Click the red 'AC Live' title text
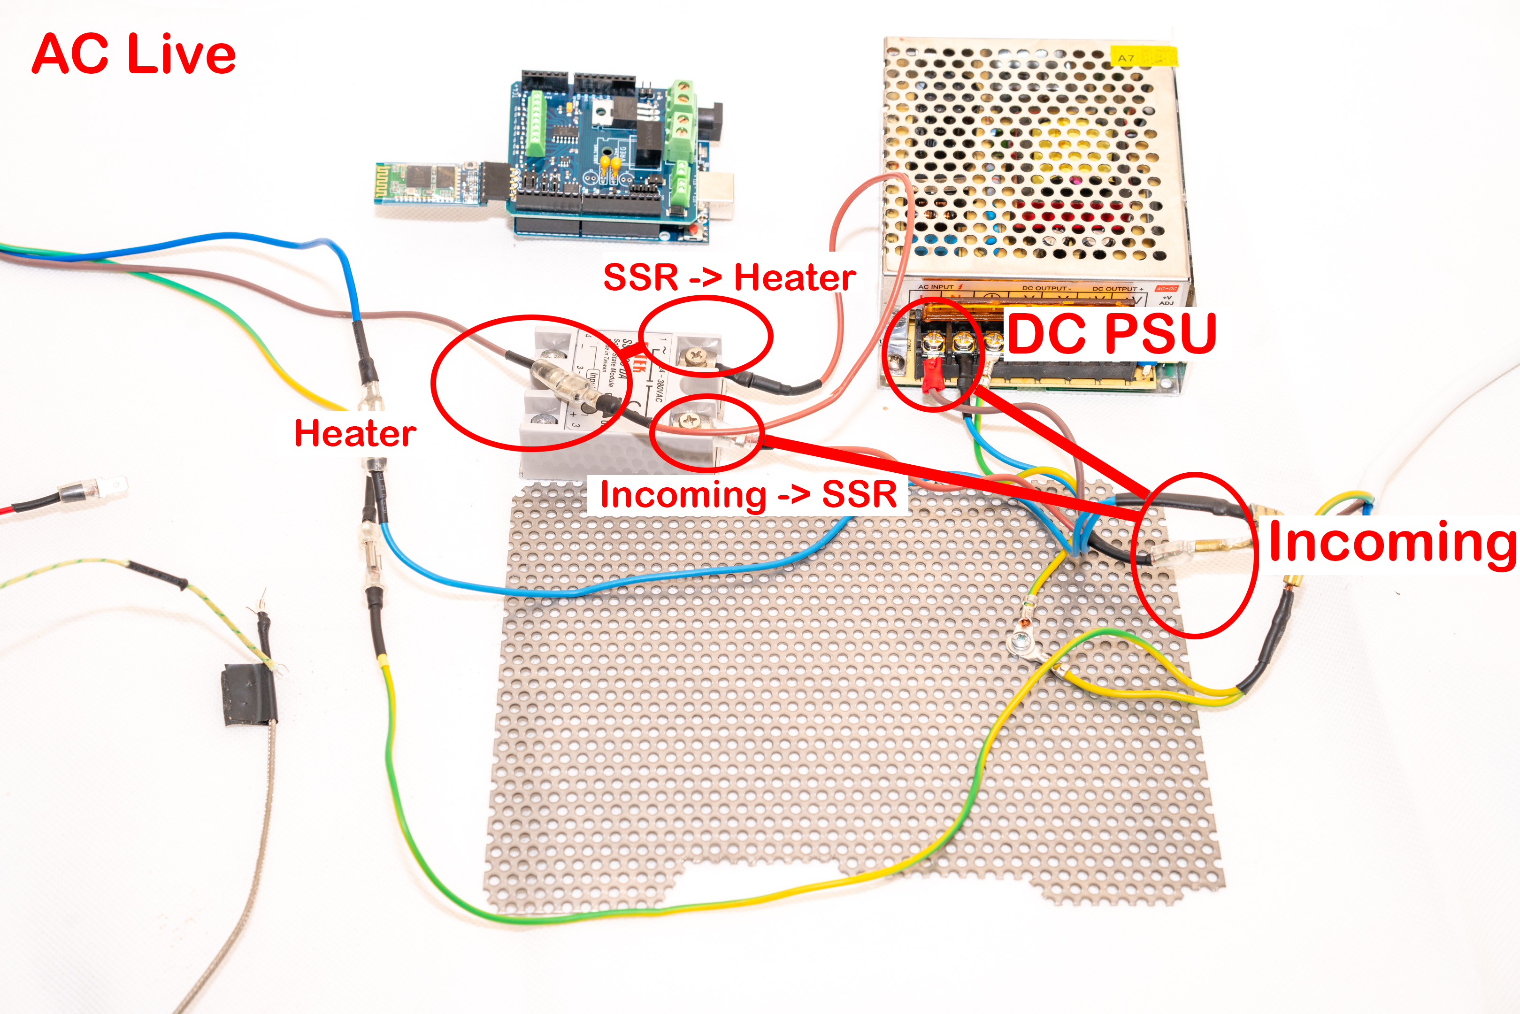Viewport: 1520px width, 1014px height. (134, 54)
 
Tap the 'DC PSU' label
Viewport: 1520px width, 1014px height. (1111, 334)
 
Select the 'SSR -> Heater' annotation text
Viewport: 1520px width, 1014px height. (729, 278)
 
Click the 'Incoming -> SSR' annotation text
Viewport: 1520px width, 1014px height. (748, 495)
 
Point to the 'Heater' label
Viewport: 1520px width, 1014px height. (355, 433)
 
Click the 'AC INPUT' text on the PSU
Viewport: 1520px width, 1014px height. (936, 286)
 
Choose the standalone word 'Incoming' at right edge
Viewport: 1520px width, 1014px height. (1391, 543)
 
